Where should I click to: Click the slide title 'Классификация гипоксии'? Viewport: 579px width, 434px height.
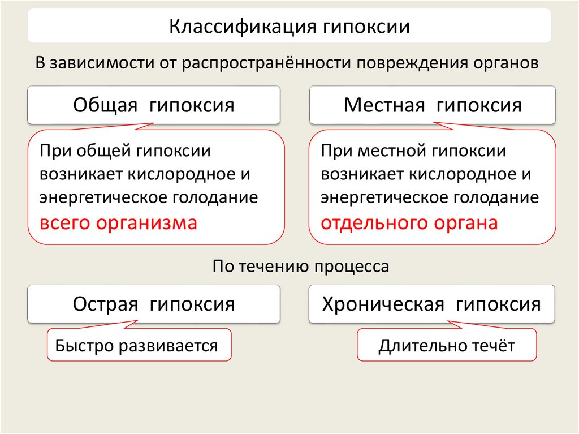click(x=289, y=27)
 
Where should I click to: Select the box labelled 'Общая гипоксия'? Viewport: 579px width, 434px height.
click(x=153, y=105)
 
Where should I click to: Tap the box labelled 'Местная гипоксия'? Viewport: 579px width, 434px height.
click(x=433, y=105)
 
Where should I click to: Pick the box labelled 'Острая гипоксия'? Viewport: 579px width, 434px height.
click(x=153, y=304)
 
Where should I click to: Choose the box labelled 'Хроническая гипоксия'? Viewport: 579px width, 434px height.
click(x=431, y=304)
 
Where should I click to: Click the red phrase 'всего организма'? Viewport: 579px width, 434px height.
click(x=118, y=223)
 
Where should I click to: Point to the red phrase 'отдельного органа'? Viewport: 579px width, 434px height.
click(x=409, y=223)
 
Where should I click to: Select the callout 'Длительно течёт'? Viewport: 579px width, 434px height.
click(x=447, y=345)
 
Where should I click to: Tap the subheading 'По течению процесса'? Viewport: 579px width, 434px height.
click(x=301, y=267)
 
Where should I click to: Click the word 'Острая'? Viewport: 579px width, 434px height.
click(x=106, y=304)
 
